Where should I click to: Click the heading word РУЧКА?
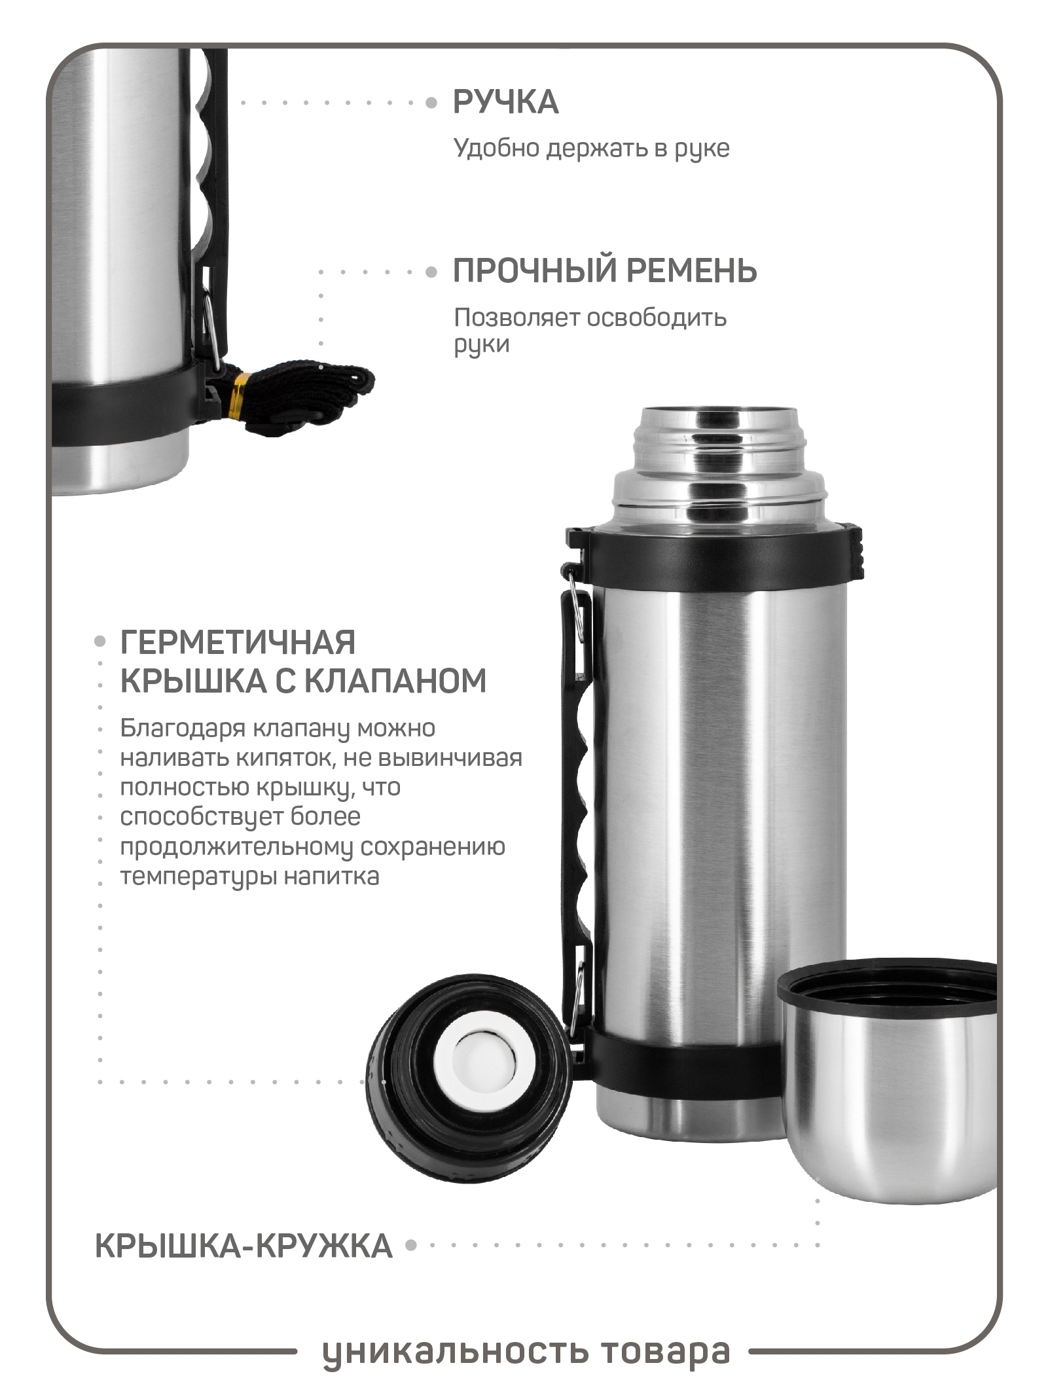point(505,102)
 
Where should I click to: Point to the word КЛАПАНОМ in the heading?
point(395,681)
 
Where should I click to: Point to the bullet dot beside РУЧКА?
point(431,103)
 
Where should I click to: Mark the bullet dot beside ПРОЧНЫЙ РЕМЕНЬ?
point(431,272)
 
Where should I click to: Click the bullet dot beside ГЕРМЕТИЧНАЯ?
point(99,642)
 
